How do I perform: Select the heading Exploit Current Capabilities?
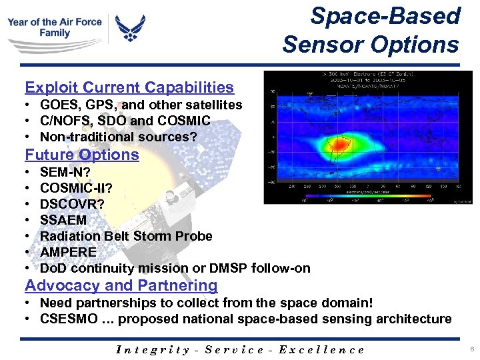(x=129, y=87)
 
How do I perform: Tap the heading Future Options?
(x=82, y=155)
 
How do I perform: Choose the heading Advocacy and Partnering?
(x=121, y=285)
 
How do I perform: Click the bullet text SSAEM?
(x=63, y=219)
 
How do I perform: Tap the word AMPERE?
(x=68, y=252)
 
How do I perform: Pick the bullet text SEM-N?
(x=65, y=171)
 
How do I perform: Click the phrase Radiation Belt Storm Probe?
(x=126, y=236)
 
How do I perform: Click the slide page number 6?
(x=471, y=349)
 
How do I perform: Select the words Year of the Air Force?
(x=55, y=22)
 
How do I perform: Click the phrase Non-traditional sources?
(x=119, y=137)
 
